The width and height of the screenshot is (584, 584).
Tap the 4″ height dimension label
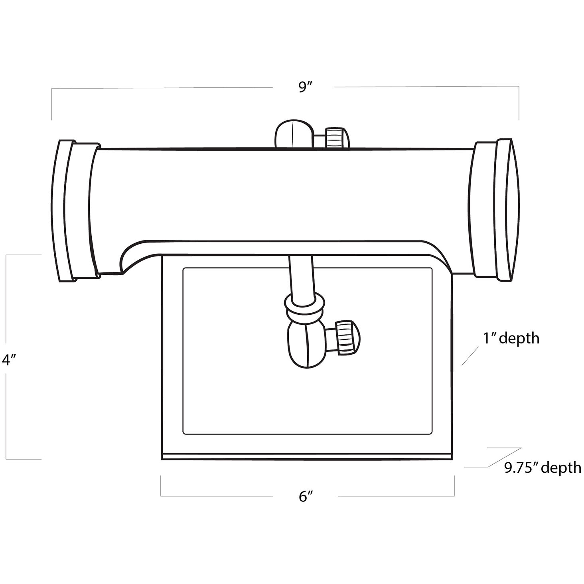click(8, 360)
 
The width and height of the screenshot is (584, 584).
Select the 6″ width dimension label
click(305, 496)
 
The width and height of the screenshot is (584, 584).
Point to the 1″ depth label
click(511, 338)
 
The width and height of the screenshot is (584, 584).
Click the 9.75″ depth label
click(543, 467)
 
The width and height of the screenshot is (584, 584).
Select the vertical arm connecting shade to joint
click(300, 275)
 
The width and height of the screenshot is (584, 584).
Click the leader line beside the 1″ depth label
click(470, 356)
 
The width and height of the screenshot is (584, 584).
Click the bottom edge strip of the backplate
click(307, 456)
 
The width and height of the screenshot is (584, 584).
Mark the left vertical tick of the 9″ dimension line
click(52, 104)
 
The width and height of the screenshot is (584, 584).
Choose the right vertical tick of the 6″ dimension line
click(454, 486)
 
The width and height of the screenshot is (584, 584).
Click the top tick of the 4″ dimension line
click(24, 255)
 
